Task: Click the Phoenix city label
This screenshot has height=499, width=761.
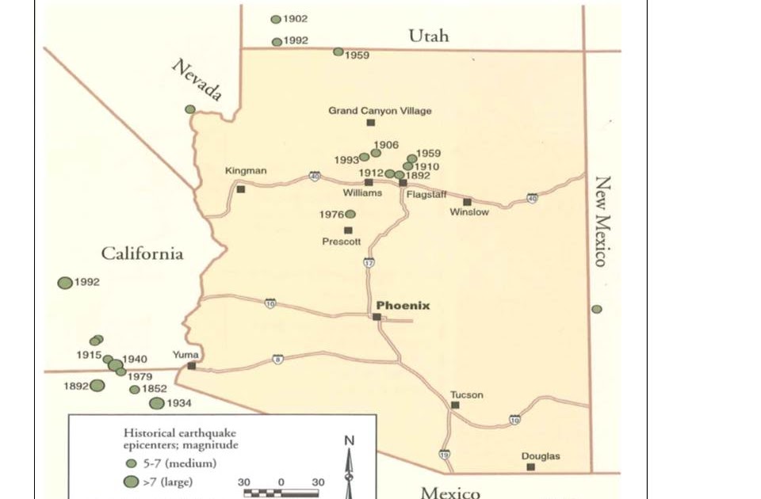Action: pyautogui.click(x=403, y=305)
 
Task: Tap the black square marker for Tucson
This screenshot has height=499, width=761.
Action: pyautogui.click(x=455, y=405)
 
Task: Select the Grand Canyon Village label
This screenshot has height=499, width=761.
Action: pyautogui.click(x=380, y=111)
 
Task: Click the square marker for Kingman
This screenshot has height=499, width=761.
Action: pyautogui.click(x=241, y=189)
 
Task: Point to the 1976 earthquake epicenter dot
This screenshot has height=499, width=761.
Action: pyautogui.click(x=350, y=214)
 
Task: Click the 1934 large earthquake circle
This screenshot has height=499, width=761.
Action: pyautogui.click(x=157, y=403)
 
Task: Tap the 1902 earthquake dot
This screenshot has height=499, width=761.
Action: pyautogui.click(x=276, y=19)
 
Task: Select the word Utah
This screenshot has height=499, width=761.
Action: pyautogui.click(x=429, y=36)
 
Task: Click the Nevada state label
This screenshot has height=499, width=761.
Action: pyautogui.click(x=197, y=80)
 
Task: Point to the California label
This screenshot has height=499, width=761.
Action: pyautogui.click(x=142, y=253)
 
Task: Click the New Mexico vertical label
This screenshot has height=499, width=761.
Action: pyautogui.click(x=602, y=221)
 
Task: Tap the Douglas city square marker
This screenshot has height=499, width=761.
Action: pyautogui.click(x=531, y=467)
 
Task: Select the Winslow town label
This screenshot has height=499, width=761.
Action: pyautogui.click(x=469, y=212)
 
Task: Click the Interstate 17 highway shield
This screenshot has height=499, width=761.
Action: pyautogui.click(x=369, y=262)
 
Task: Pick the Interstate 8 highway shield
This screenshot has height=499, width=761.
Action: pyautogui.click(x=277, y=360)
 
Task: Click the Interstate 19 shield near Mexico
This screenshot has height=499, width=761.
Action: pyautogui.click(x=444, y=455)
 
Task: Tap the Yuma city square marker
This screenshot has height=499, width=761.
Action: pyautogui.click(x=192, y=366)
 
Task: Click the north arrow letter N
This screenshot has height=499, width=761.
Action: pyautogui.click(x=350, y=441)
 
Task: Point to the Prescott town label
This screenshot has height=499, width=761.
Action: pyautogui.click(x=342, y=242)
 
